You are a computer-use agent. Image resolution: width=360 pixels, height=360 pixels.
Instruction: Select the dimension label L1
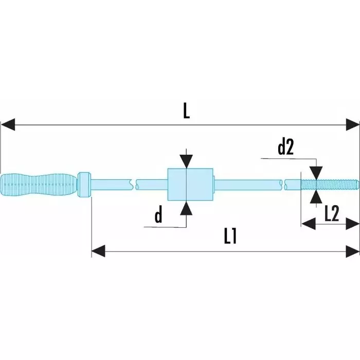[x=230, y=236]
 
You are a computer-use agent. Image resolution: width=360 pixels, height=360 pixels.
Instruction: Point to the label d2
[x=285, y=148]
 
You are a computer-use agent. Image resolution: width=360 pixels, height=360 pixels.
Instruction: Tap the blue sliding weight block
[x=191, y=184]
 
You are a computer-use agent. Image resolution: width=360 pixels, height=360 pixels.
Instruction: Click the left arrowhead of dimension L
[x=7, y=124]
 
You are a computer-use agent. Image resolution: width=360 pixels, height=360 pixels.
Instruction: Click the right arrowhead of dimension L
[x=353, y=124]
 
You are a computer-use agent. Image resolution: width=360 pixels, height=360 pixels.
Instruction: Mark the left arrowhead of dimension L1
[x=98, y=251]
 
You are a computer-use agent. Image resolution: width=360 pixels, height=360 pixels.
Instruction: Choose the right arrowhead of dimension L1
[x=353, y=251]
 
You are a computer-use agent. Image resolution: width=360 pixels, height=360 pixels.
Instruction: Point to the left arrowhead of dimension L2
[x=308, y=223]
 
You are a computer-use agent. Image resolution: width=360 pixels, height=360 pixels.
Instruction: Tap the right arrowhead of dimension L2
[x=353, y=223]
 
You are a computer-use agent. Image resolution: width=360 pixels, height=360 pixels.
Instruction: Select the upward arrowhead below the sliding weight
[x=187, y=207]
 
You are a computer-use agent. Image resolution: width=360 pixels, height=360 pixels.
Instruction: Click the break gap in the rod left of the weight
[x=134, y=184]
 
